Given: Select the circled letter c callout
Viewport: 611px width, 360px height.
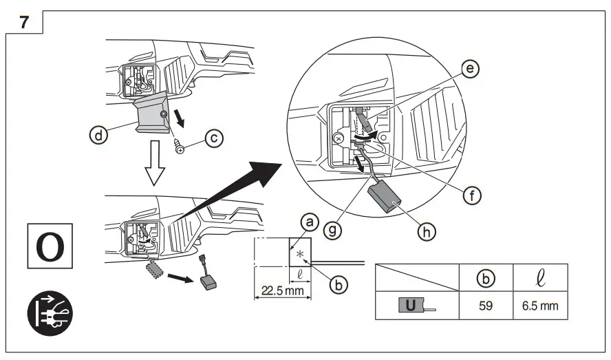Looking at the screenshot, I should point(215,138).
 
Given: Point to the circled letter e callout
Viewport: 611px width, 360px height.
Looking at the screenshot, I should point(470,70).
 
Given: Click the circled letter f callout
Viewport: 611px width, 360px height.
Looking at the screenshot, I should point(471,195).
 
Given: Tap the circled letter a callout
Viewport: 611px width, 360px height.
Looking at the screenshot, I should point(310,222).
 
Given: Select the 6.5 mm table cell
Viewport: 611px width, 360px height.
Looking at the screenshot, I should point(540,305).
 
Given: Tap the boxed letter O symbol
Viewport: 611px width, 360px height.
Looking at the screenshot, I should point(47,245).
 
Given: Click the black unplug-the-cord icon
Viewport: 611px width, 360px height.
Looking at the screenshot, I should point(48,313).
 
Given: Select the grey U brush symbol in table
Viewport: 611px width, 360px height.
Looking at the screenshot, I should point(411,304).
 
